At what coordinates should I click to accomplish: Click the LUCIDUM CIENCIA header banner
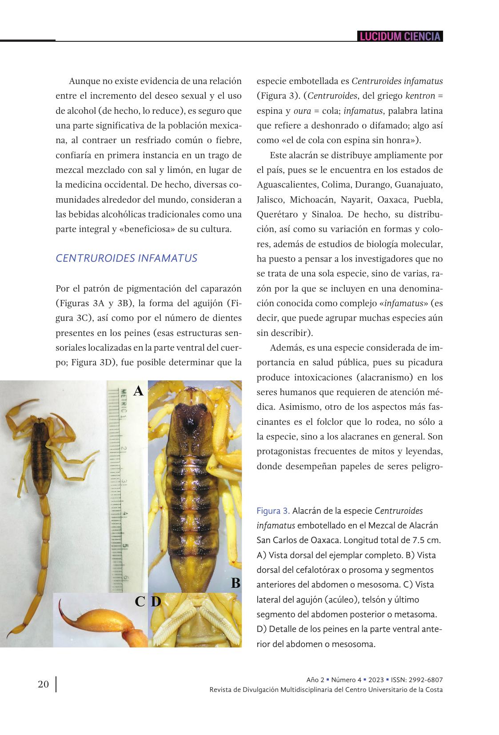tap(400, 36)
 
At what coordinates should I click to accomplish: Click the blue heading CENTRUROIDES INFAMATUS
tap(126, 258)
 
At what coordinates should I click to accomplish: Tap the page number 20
tap(44, 684)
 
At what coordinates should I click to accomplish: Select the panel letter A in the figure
tap(139, 391)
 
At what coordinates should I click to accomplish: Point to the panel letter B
tap(236, 583)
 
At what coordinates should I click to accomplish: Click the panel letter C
tap(140, 602)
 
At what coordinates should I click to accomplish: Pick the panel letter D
tap(156, 602)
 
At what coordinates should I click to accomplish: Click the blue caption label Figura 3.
tap(273, 511)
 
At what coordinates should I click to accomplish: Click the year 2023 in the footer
tap(375, 680)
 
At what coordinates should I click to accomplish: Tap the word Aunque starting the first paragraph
tap(83, 81)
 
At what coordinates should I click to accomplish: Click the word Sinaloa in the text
tap(327, 214)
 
